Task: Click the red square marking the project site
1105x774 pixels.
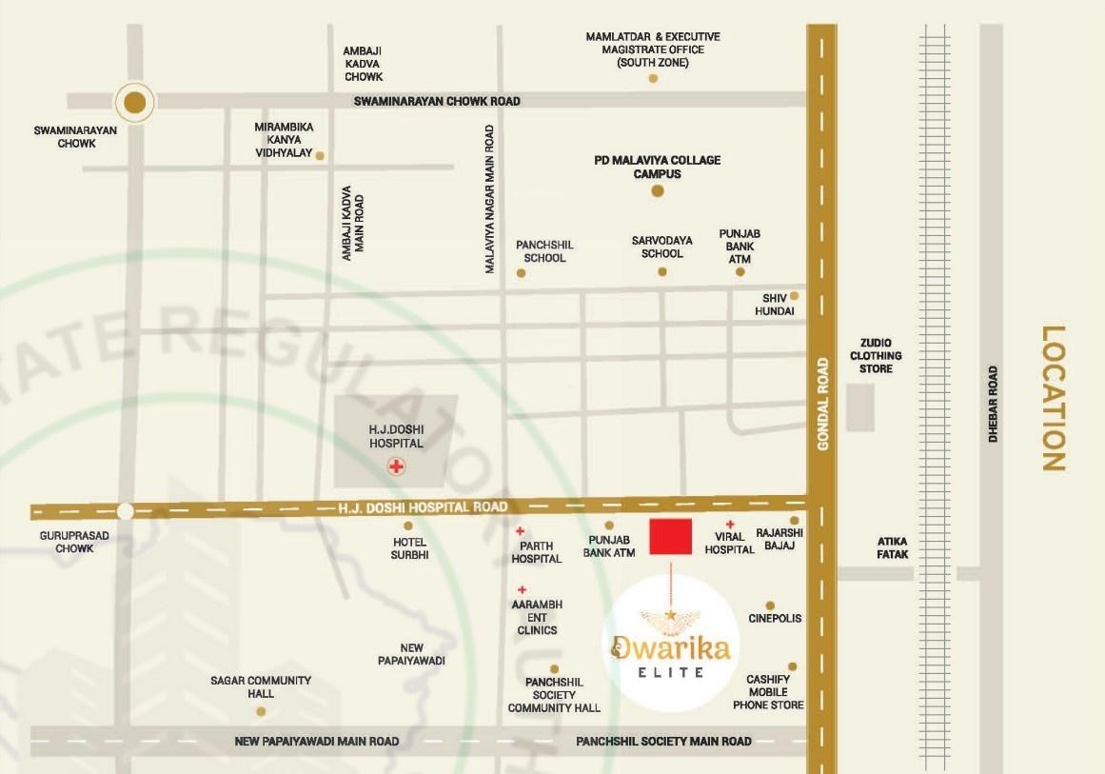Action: [670, 537]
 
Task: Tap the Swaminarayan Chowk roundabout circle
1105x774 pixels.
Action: [135, 102]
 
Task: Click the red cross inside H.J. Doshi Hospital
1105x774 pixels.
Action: [395, 466]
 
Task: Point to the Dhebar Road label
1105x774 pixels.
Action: [993, 404]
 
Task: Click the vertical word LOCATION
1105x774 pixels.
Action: [1052, 399]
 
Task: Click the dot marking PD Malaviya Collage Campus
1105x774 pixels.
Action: [657, 191]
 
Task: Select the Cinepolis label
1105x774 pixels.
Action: [775, 619]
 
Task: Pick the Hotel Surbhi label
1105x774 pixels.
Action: [409, 548]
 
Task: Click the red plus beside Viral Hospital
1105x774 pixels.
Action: [730, 525]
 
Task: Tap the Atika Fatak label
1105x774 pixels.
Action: [893, 547]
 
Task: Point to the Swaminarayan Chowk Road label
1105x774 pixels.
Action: [437, 101]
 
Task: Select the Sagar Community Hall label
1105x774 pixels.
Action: [261, 686]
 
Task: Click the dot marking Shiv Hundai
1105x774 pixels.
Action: [794, 296]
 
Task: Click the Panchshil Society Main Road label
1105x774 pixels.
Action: [663, 741]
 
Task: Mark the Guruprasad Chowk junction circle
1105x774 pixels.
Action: [125, 509]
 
